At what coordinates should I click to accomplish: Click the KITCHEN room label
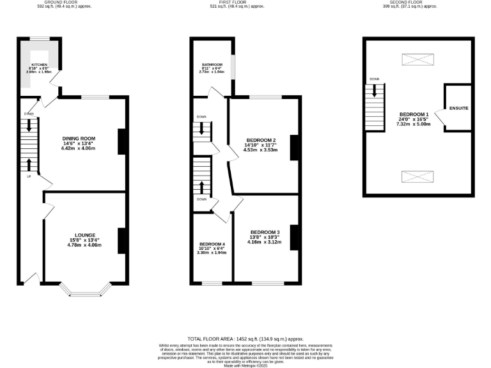pos(40,65)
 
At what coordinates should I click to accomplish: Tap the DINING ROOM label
pos(79,139)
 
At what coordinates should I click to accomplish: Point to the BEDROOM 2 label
pos(261,140)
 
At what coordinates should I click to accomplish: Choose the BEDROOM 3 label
pos(265,232)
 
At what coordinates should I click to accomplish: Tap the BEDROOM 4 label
pos(212,245)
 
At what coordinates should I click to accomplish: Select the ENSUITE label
pos(458,108)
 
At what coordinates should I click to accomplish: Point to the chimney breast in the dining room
pos(121,142)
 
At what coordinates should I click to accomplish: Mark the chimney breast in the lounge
pos(121,241)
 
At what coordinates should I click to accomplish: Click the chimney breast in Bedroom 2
pos(294,148)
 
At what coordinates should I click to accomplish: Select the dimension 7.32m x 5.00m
pos(414,124)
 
